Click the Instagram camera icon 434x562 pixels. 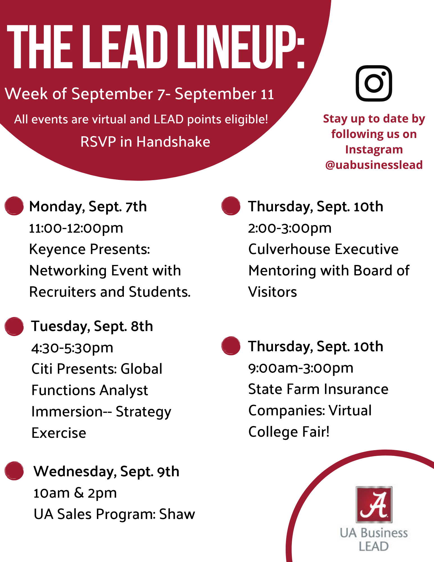[x=374, y=83]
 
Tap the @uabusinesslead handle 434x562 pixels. [x=374, y=165]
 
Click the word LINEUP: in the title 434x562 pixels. [x=241, y=47]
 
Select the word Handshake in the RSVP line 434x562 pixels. [x=173, y=142]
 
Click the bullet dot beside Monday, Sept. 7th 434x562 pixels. [x=14, y=206]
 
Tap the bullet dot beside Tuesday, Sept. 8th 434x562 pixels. [x=14, y=327]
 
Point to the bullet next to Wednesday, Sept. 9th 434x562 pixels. [x=14, y=471]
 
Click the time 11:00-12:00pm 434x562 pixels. [x=76, y=228]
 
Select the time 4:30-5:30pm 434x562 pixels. [x=72, y=348]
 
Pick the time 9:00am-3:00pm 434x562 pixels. [x=301, y=368]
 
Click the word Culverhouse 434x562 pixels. [x=289, y=249]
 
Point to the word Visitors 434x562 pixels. [x=272, y=292]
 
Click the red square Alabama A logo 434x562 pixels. [x=374, y=504]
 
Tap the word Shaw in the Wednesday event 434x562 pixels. [x=177, y=514]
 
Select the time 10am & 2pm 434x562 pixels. [x=75, y=493]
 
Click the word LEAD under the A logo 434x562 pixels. [x=374, y=547]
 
